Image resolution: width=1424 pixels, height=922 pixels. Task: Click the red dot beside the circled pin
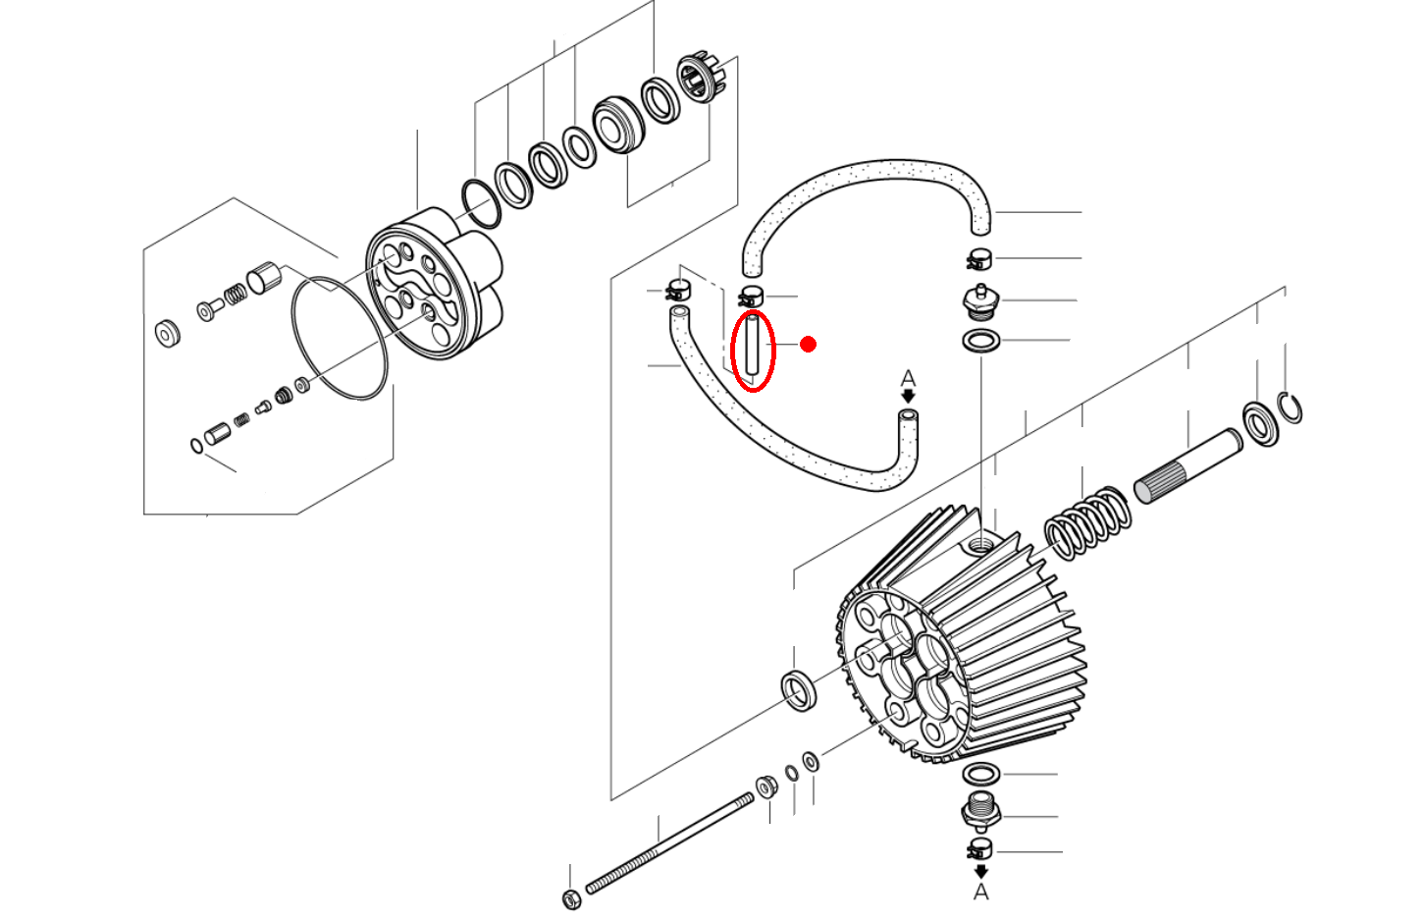[808, 344]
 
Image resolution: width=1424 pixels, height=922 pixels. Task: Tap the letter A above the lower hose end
[908, 378]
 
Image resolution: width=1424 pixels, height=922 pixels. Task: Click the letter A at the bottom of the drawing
[980, 893]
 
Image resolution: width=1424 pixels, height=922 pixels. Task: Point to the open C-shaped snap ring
[1292, 407]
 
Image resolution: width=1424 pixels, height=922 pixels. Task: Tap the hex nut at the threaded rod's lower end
[571, 898]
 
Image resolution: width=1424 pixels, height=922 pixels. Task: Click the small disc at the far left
[168, 334]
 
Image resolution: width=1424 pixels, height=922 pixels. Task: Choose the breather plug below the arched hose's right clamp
[978, 301]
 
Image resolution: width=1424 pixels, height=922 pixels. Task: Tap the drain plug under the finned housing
[980, 811]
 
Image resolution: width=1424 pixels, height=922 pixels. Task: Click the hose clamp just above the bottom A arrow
[980, 849]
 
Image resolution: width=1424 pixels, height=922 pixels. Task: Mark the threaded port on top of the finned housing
[981, 542]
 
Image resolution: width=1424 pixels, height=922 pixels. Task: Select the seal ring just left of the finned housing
[800, 689]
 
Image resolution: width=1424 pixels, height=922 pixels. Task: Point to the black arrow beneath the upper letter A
[909, 396]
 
